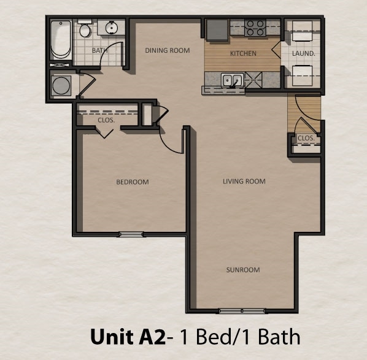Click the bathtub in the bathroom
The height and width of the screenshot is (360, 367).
[60, 40]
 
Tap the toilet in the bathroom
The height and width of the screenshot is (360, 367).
[85, 29]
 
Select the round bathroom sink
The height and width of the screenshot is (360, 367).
[112, 28]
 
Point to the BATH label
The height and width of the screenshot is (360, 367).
[99, 50]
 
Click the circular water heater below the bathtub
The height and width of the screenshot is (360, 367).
[61, 85]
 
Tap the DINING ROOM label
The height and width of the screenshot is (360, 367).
[167, 50]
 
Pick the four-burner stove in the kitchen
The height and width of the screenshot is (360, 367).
[255, 28]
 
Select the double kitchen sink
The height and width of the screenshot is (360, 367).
[232, 80]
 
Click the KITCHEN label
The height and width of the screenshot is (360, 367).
[243, 53]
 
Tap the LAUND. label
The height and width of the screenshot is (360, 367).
[303, 53]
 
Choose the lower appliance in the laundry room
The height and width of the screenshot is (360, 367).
[303, 76]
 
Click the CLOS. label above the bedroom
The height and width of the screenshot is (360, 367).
[106, 120]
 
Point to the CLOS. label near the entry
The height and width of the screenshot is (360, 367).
[306, 139]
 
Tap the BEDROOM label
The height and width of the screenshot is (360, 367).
[133, 182]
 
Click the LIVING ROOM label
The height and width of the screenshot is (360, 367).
[244, 181]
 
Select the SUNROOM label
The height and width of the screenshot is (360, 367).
[243, 270]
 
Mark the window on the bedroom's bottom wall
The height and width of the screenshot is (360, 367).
[131, 234]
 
